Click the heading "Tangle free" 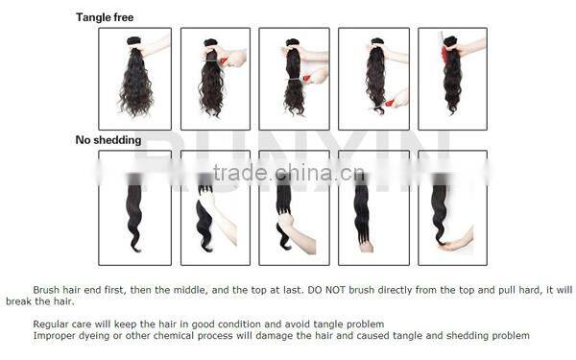coord(105,17)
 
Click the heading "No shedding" coord(108,140)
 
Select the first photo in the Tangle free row coord(135,79)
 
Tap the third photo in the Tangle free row coord(294,79)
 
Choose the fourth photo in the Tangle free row coord(373,79)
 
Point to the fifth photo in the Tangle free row coord(452,79)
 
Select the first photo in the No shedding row coord(135,207)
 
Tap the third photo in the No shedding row coord(294,207)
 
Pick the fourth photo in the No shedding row coord(373,207)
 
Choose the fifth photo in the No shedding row coord(452,207)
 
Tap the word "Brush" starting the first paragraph coord(46,289)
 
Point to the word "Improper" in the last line coord(53,336)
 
